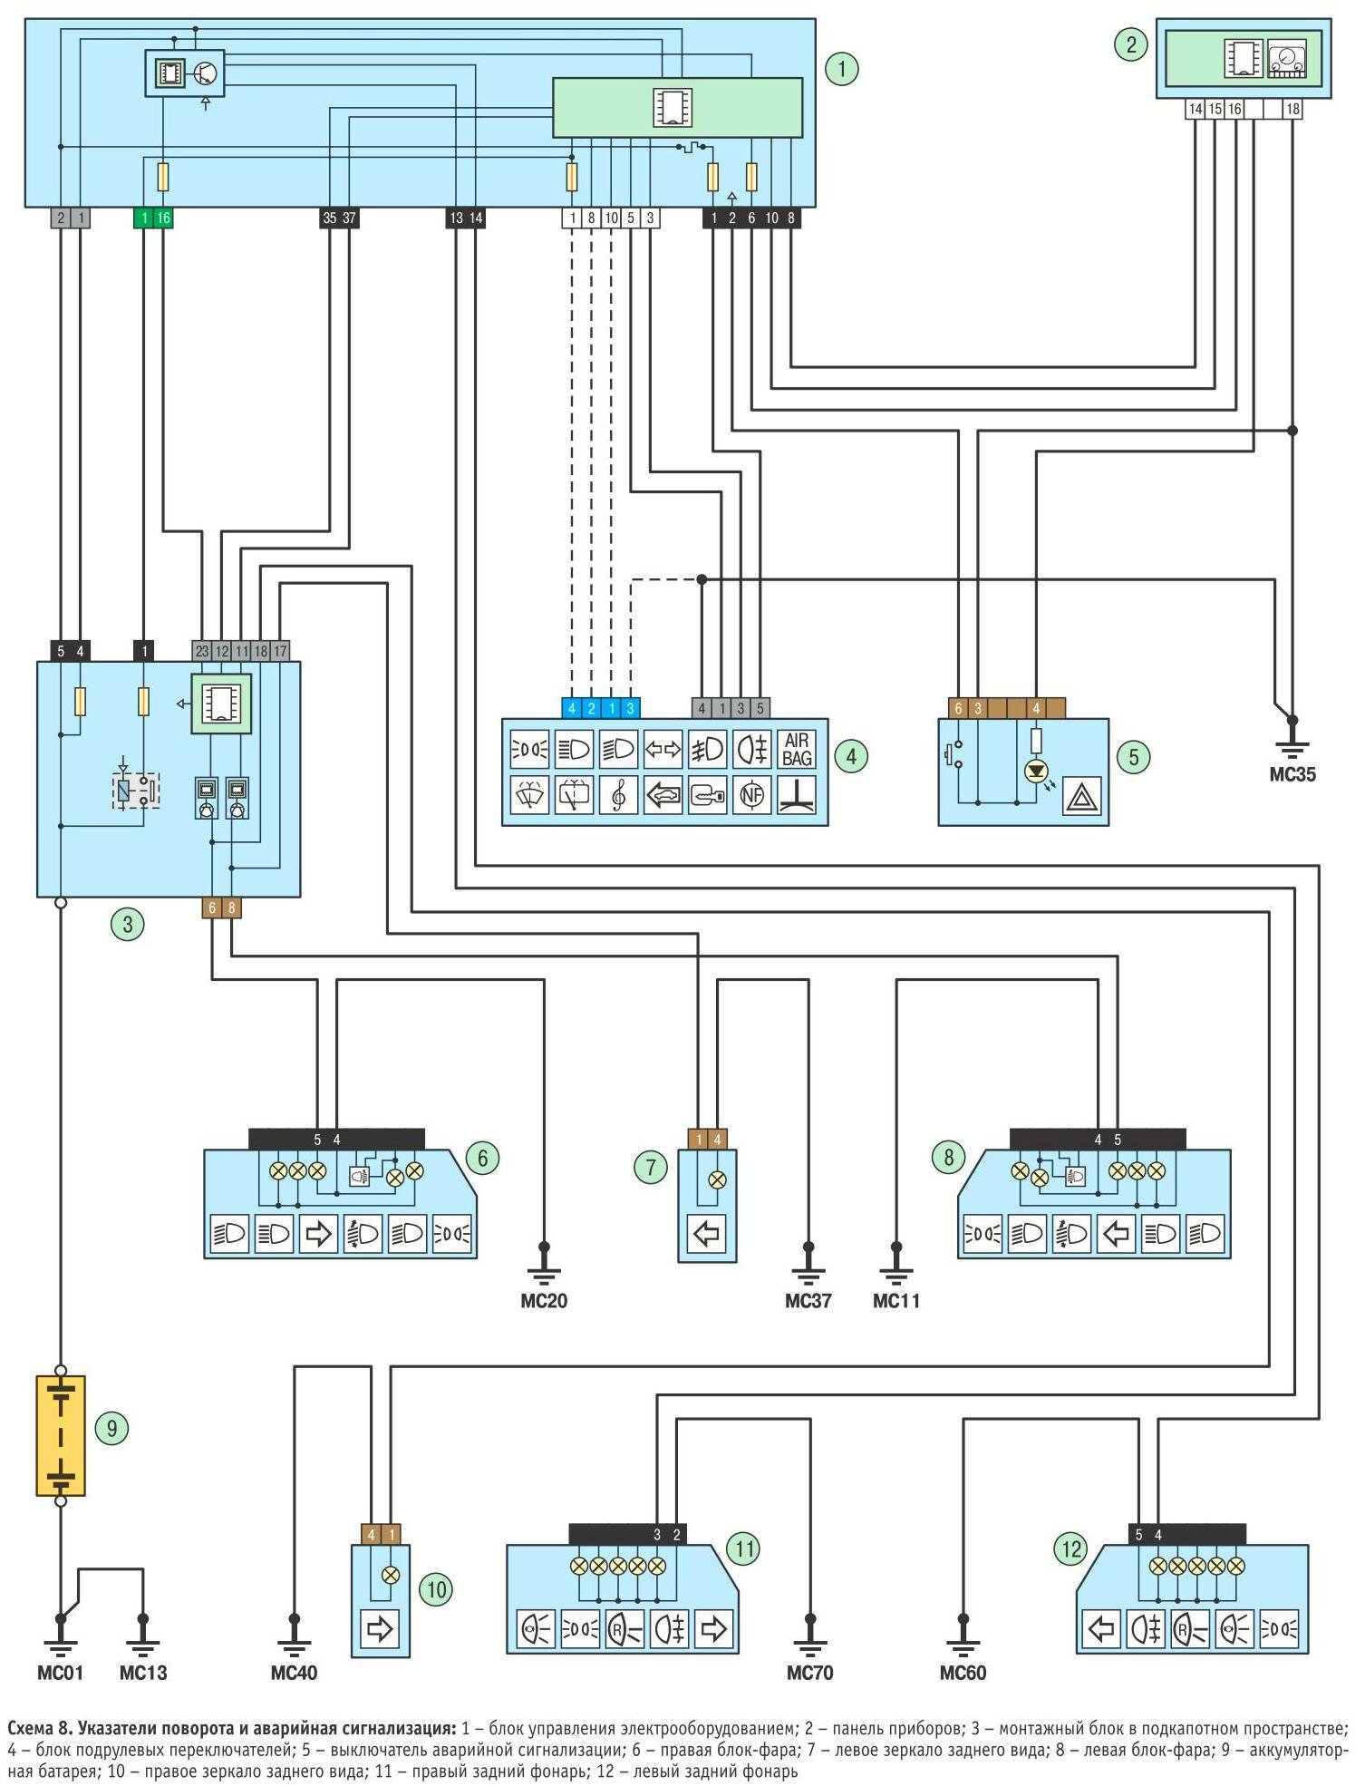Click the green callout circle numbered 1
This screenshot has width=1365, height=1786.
[841, 69]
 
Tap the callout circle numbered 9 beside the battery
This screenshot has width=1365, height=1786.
[111, 1429]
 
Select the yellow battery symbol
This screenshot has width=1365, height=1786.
[61, 1435]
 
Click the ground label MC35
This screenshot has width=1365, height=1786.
[1292, 774]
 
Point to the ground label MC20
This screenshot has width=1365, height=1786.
[544, 1301]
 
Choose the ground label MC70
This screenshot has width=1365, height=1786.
[809, 1673]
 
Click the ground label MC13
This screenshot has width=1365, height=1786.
[143, 1673]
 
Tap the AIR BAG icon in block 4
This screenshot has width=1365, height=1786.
[796, 750]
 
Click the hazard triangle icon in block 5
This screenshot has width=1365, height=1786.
[1082, 797]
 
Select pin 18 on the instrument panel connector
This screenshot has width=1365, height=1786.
[1292, 109]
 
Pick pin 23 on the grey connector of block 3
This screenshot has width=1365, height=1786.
[202, 651]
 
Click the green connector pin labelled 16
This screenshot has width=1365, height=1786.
[163, 218]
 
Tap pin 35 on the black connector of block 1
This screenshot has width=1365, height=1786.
[329, 218]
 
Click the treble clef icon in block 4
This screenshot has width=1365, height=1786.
[618, 795]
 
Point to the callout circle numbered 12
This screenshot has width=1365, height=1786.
[1071, 1548]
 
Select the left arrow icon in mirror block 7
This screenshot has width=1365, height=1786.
[707, 1233]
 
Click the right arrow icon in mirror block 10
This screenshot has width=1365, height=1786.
[380, 1629]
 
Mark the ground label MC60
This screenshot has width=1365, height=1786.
[963, 1673]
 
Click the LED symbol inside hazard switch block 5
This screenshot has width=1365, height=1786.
[1036, 772]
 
